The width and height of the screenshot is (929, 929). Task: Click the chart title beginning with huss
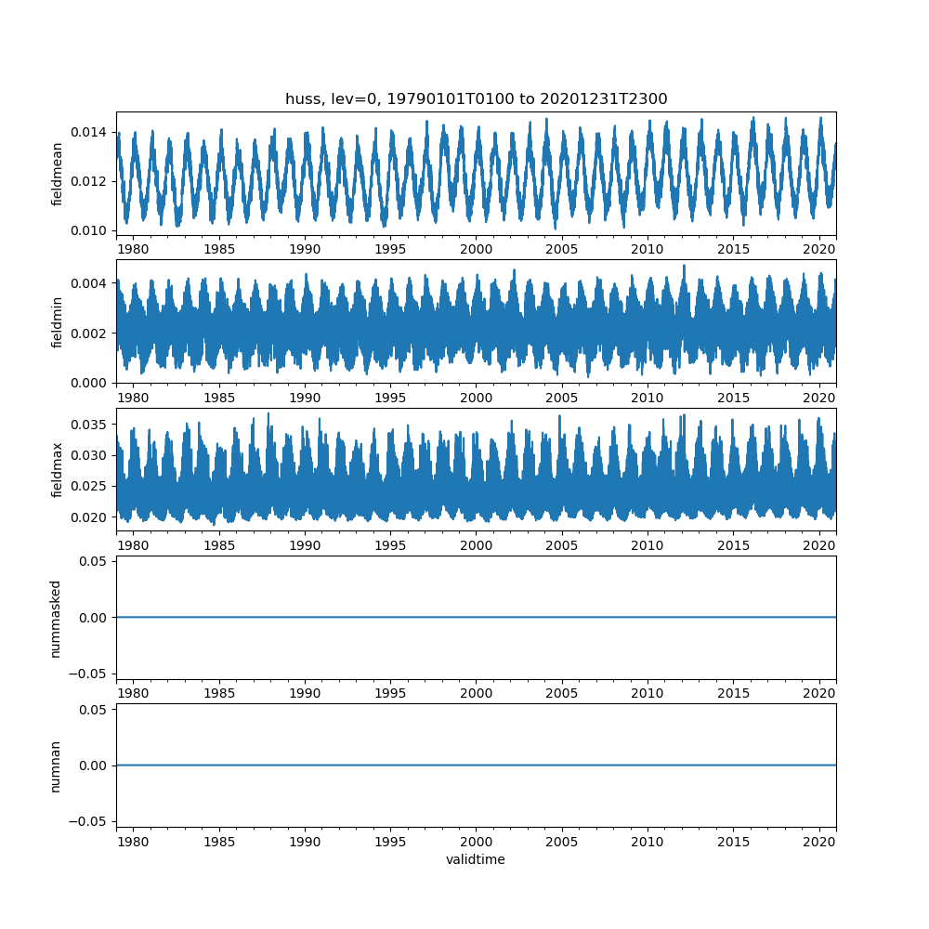click(x=476, y=99)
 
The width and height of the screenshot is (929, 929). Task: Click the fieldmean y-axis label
click(x=58, y=174)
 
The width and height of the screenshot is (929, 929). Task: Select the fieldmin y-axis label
click(x=58, y=321)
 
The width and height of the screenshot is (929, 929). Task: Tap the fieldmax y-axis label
click(x=58, y=469)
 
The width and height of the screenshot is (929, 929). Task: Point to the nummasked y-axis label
click(x=56, y=618)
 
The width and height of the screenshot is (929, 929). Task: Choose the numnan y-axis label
click(x=56, y=765)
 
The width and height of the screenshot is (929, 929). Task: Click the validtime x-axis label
click(x=476, y=860)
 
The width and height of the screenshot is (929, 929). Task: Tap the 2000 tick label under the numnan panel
click(x=477, y=841)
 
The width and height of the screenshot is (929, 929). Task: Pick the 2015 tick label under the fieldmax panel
click(x=734, y=545)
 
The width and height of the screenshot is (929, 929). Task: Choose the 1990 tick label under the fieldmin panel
click(x=305, y=397)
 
